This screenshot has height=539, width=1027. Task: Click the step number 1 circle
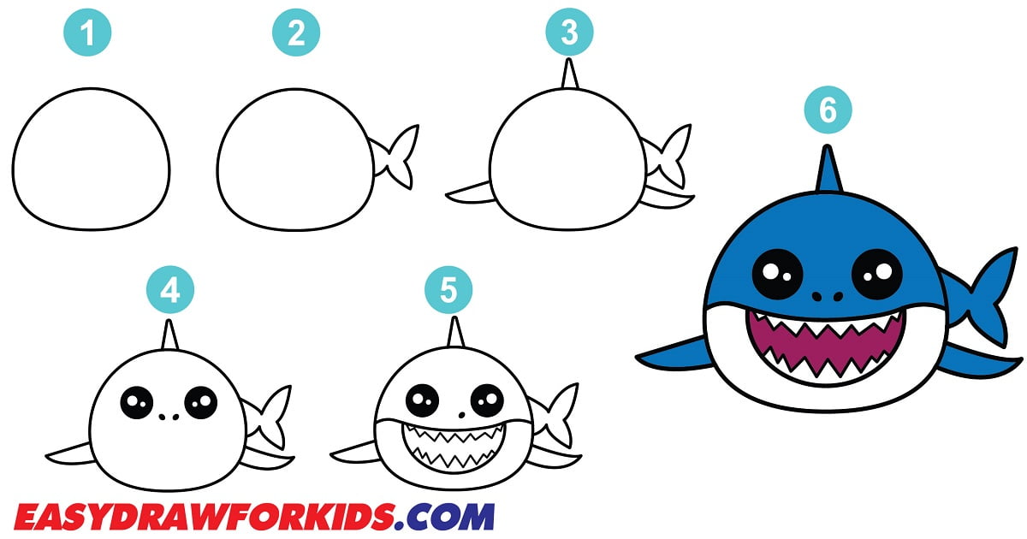[x=86, y=33]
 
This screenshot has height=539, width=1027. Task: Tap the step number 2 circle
[x=296, y=33]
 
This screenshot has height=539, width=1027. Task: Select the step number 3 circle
[x=569, y=33]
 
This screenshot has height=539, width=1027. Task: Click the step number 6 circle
[x=827, y=111]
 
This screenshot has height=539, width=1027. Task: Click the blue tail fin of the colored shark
[x=984, y=295]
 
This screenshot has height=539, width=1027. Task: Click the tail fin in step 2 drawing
[x=396, y=158]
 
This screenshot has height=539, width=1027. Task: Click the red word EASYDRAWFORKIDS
[x=205, y=517]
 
